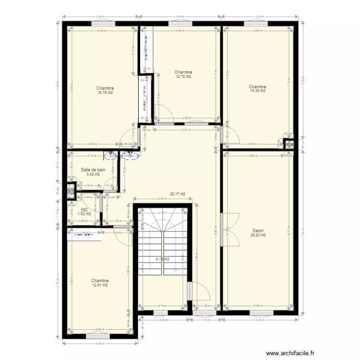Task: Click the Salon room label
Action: tap(258, 230)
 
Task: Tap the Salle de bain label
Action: tap(93, 169)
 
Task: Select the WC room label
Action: tap(84, 210)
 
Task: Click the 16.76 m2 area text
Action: tap(105, 93)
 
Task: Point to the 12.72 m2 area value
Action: tap(183, 76)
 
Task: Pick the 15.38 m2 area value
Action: tap(257, 91)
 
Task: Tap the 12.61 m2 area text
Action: tap(100, 285)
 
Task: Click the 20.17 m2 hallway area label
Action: tap(178, 194)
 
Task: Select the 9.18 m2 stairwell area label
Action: tap(162, 259)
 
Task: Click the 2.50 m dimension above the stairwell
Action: tap(162, 199)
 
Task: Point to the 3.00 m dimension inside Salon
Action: tap(258, 306)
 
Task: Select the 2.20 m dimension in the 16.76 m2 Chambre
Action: tap(93, 144)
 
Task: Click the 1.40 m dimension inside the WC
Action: tap(84, 221)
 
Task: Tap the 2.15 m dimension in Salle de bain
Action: tap(92, 156)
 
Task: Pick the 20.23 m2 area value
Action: tap(258, 235)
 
